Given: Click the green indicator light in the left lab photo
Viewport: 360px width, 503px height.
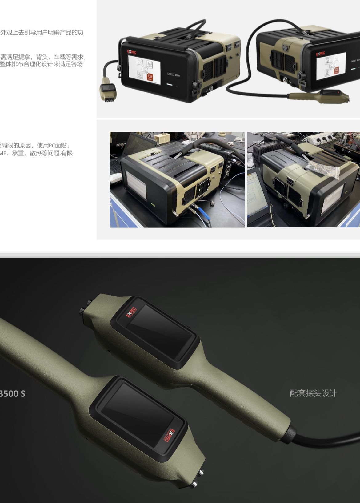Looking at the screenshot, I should [x=152, y=203].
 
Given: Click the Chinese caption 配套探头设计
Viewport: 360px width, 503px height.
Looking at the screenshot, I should [x=314, y=393].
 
